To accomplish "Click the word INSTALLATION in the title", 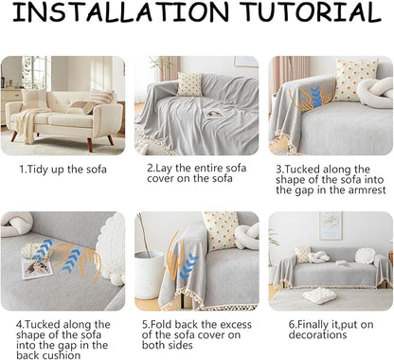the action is pos(119,11).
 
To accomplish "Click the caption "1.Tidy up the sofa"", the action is pos(63,170).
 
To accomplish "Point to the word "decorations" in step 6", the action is pos(317,334).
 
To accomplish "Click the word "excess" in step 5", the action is pos(236,325).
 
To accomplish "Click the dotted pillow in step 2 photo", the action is pos(189,84).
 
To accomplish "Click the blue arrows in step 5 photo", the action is pos(188,266).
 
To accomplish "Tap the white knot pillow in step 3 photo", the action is pos(375,92).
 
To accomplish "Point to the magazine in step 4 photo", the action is pos(37,268).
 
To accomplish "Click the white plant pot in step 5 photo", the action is pos(149,275).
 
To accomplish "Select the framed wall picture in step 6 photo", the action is pos(331,226).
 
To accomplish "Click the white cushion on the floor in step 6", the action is pos(319,296).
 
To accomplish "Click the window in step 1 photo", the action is pos(36,73).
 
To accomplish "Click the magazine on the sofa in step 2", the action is pos(212,116).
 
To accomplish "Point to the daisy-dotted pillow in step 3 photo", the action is pos(355,80).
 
